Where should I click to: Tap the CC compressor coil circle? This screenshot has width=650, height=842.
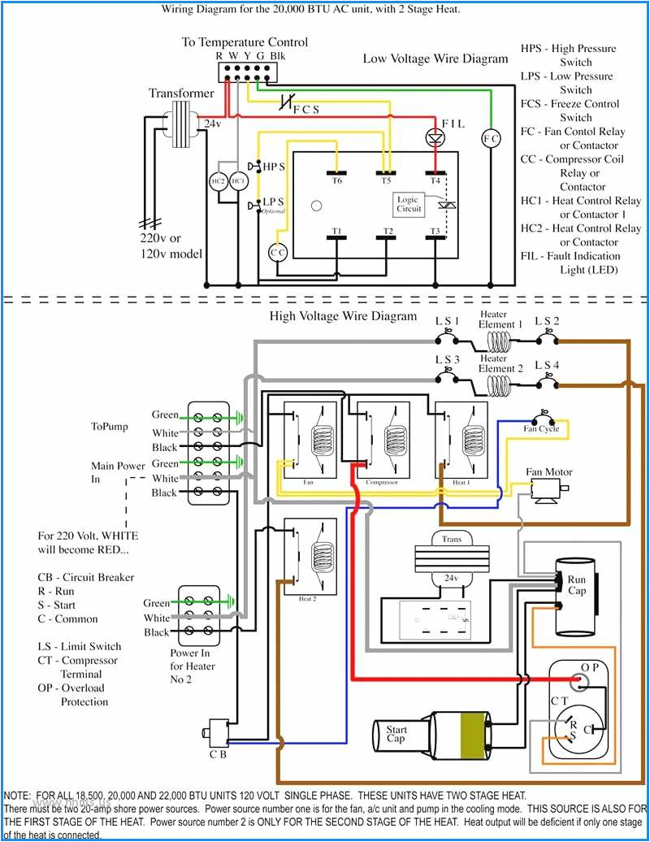click(x=278, y=253)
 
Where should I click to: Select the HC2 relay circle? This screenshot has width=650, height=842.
click(x=218, y=181)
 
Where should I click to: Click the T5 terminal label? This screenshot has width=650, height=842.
click(x=387, y=180)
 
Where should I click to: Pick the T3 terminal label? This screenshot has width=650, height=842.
click(x=435, y=232)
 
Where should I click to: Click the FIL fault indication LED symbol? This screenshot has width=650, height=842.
click(x=435, y=137)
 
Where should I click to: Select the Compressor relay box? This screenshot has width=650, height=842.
click(x=382, y=443)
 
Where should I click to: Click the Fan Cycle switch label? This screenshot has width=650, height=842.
click(x=541, y=428)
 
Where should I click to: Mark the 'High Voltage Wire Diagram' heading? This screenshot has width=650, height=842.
click(x=343, y=316)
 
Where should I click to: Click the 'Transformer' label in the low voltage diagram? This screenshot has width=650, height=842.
click(x=180, y=93)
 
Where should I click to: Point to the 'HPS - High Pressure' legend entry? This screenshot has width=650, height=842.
click(x=568, y=49)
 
